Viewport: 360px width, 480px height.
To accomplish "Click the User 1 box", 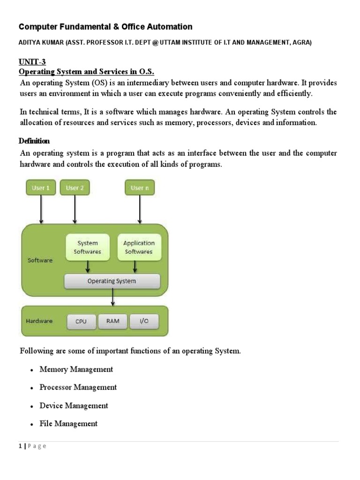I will tap(41, 188).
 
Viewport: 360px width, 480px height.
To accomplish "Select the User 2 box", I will tap(75, 188).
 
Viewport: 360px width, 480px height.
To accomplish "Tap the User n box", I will tap(140, 188).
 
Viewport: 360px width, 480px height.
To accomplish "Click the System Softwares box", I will tap(88, 247).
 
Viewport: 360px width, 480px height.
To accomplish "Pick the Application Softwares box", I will tap(138, 247).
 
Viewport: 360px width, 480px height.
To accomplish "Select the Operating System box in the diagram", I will tap(112, 281).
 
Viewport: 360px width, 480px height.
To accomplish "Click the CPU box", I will tap(81, 322).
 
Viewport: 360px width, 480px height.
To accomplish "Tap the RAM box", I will tap(112, 321).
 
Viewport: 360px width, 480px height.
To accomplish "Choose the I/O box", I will tap(144, 321).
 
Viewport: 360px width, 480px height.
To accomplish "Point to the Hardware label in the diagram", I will tap(39, 321).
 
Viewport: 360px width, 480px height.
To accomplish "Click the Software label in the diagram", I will tap(40, 260).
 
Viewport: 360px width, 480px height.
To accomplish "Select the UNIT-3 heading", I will tap(32, 61).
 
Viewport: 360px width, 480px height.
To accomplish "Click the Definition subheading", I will tap(34, 141).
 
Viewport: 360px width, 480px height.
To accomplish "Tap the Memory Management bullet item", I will tap(76, 369).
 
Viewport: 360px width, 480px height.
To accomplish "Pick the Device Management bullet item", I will tap(74, 405).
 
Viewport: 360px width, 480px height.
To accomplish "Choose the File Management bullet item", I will tap(68, 424).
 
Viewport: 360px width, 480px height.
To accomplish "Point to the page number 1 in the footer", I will tap(21, 446).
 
